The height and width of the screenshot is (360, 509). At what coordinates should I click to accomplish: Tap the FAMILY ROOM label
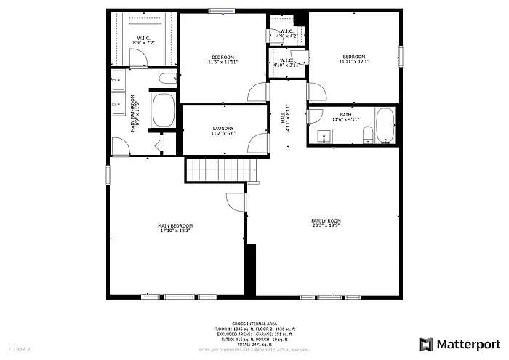[x=326, y=220]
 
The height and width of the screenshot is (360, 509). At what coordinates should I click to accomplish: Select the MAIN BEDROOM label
[x=175, y=225]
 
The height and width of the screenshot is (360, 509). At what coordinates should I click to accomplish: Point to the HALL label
[x=284, y=116]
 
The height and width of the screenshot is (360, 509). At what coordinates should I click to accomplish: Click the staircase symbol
[x=221, y=170]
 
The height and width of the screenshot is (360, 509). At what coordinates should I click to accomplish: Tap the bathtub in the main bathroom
[x=162, y=111]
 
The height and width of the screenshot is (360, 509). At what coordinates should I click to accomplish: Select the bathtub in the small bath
[x=383, y=125]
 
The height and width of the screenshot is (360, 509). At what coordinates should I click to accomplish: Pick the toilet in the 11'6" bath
[x=367, y=134]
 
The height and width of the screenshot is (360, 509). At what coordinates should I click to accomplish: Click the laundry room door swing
[x=257, y=143]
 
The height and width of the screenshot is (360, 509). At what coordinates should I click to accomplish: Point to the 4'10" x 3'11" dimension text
[x=286, y=65]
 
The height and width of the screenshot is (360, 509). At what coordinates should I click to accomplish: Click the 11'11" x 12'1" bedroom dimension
[x=354, y=61]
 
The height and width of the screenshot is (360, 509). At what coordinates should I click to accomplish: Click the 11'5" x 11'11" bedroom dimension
[x=223, y=61]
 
